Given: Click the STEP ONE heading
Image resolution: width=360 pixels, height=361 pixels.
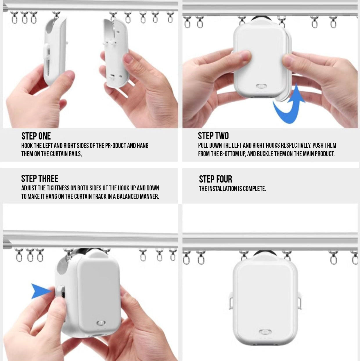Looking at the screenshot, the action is [x=36, y=136].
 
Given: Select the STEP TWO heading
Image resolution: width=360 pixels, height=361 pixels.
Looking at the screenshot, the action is [x=213, y=136].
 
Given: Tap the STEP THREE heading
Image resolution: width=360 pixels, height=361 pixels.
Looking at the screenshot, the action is [x=40, y=178].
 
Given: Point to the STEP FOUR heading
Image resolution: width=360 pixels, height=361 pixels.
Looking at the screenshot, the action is [x=215, y=179].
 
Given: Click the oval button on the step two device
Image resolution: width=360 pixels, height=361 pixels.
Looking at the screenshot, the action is [x=261, y=86].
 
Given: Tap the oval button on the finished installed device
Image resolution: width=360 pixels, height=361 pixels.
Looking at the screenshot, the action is [x=265, y=332].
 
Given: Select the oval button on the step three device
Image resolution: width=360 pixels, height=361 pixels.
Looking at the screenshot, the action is [x=101, y=323].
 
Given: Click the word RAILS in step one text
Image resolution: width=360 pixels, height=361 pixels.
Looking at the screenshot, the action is [x=75, y=154].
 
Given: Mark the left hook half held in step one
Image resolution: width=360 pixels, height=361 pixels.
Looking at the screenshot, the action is [x=55, y=51].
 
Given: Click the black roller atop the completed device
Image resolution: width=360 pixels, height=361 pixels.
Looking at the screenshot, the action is [x=265, y=253].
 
